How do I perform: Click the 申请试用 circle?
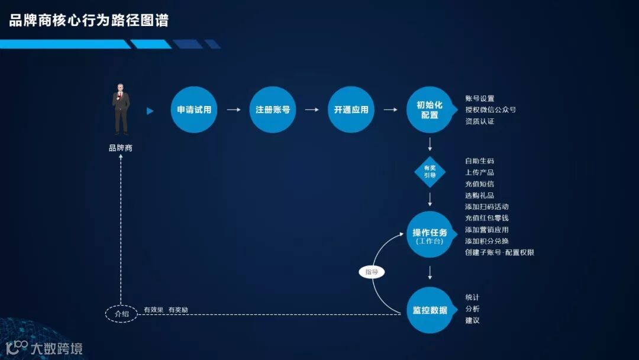[194, 110]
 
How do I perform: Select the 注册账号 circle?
[273, 110]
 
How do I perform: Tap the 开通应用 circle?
[351, 110]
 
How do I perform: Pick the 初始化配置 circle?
[430, 110]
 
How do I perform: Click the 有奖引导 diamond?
[430, 171]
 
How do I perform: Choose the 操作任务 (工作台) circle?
[430, 234]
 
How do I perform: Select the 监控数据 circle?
[430, 310]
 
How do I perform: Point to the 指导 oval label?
[372, 272]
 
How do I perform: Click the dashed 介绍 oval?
[121, 314]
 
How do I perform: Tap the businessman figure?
[121, 110]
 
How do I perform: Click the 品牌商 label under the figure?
[121, 148]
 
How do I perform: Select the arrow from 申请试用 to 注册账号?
[234, 110]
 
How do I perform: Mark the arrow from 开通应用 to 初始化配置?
[390, 110]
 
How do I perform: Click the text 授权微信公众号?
[490, 110]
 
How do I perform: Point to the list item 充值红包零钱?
[487, 218]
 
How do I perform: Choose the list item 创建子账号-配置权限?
[499, 252]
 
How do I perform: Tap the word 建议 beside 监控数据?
[472, 320]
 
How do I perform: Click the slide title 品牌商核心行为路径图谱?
[89, 21]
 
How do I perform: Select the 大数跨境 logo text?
[57, 348]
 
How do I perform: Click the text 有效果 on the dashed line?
[153, 310]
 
